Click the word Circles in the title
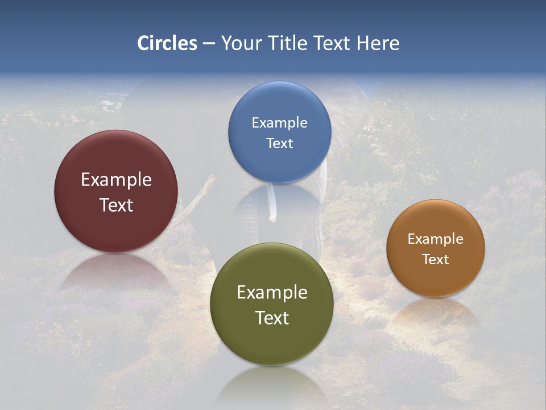[x=167, y=43]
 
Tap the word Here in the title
[x=378, y=43]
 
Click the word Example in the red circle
[x=116, y=180]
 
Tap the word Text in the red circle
[x=116, y=205]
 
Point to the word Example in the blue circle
[x=279, y=123]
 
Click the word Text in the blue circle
[x=279, y=143]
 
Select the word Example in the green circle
[x=272, y=293]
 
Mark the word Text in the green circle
[x=272, y=318]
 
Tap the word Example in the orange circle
[x=435, y=239]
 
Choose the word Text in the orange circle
[x=435, y=260]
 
